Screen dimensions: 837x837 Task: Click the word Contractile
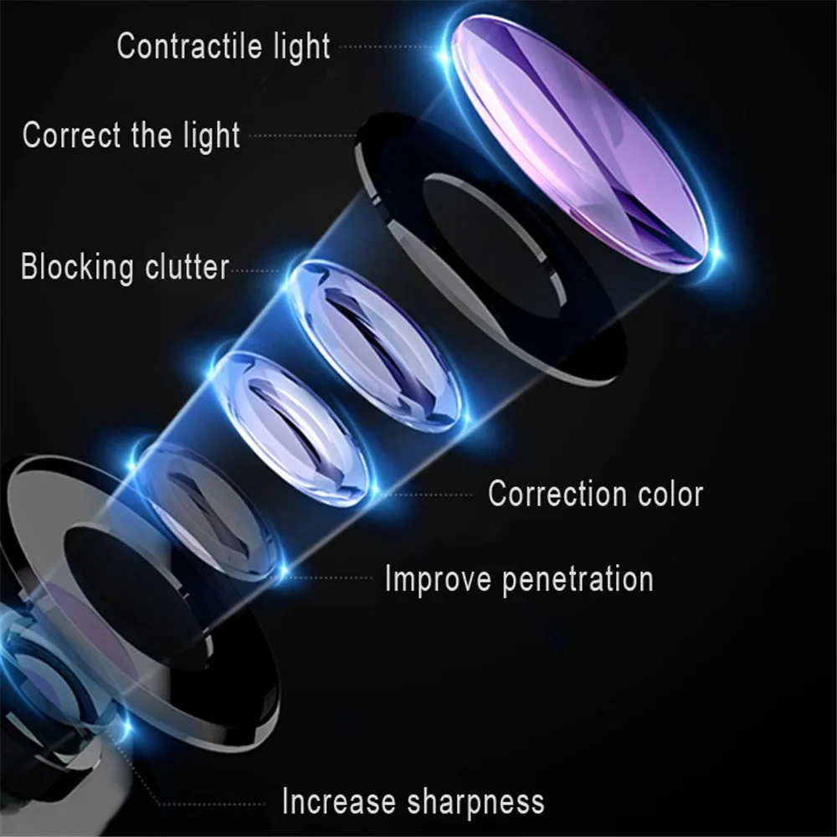[178, 46]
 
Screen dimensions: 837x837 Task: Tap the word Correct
[72, 135]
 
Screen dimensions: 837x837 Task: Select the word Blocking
[77, 268]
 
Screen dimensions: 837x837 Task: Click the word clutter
[187, 268]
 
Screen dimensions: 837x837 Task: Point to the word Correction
[557, 494]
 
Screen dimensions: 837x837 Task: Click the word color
[670, 494]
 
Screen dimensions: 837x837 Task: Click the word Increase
[339, 801]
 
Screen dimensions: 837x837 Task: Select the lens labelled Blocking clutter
[377, 343]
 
